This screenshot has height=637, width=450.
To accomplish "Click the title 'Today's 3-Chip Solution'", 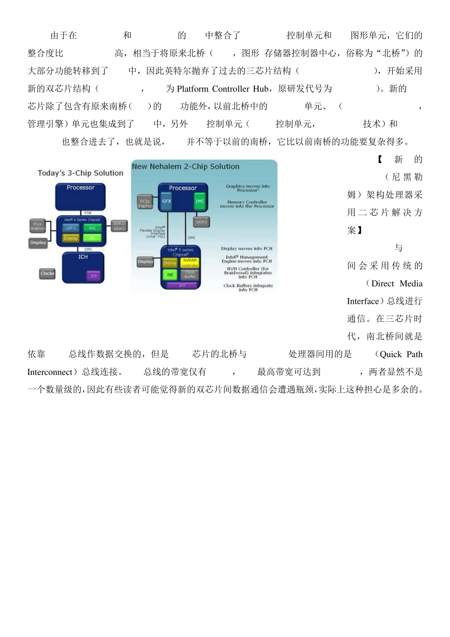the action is tap(80, 173).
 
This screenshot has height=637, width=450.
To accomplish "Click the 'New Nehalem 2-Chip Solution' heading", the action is tap(185, 166).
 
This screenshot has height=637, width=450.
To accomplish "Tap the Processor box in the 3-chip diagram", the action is tap(81, 196).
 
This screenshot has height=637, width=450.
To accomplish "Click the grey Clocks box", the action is tap(47, 273).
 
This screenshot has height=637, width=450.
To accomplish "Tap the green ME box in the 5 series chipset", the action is tap(170, 274).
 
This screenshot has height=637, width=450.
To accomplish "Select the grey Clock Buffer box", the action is tap(190, 274).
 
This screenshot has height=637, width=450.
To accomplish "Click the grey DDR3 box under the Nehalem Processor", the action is tap(201, 222).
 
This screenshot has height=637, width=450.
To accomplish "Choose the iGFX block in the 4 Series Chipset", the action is tap(71, 228).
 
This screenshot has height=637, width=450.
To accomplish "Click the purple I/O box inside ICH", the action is tap(94, 275).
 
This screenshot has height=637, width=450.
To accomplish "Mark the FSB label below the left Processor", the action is tap(88, 213).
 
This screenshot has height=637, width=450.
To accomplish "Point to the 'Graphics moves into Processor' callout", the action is tap(247, 188).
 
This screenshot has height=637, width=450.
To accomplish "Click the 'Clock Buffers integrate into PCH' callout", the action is tap(248, 288).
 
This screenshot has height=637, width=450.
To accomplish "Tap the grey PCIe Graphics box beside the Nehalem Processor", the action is tap(145, 203).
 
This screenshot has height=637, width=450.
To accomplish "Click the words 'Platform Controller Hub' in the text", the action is tap(222, 89).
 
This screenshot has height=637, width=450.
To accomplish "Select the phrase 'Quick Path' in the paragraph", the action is tap(401, 354).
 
